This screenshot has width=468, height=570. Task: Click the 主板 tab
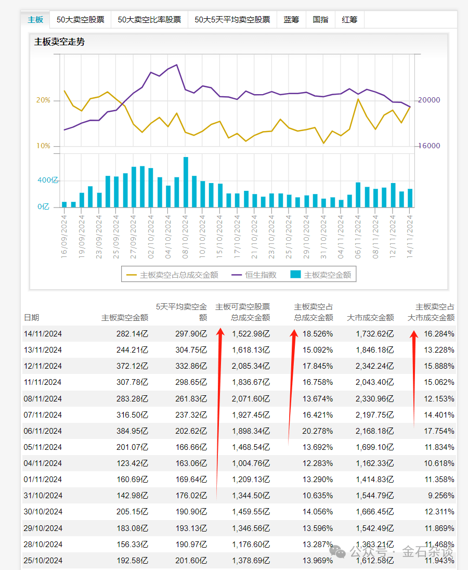click(x=35, y=20)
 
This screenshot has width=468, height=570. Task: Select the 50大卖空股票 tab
click(x=81, y=20)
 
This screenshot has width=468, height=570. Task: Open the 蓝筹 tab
click(x=291, y=20)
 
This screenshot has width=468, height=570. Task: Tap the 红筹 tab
click(x=349, y=20)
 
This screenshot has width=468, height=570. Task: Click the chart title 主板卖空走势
click(x=59, y=42)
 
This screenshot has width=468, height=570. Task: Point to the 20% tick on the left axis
click(x=43, y=100)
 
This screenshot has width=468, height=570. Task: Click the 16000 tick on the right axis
click(x=430, y=146)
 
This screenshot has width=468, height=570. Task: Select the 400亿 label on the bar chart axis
click(x=48, y=180)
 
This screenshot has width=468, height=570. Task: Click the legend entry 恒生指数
click(x=261, y=275)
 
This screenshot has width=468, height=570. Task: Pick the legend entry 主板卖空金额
click(x=327, y=275)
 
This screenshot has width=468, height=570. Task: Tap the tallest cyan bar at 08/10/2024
click(x=186, y=182)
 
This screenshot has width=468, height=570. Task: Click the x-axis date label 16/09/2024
click(x=64, y=237)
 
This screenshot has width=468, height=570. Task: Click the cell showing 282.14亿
click(x=132, y=334)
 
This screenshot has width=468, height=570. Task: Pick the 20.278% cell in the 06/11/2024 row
click(x=317, y=431)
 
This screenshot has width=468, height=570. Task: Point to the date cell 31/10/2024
click(x=43, y=496)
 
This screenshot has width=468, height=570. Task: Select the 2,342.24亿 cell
click(x=374, y=366)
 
